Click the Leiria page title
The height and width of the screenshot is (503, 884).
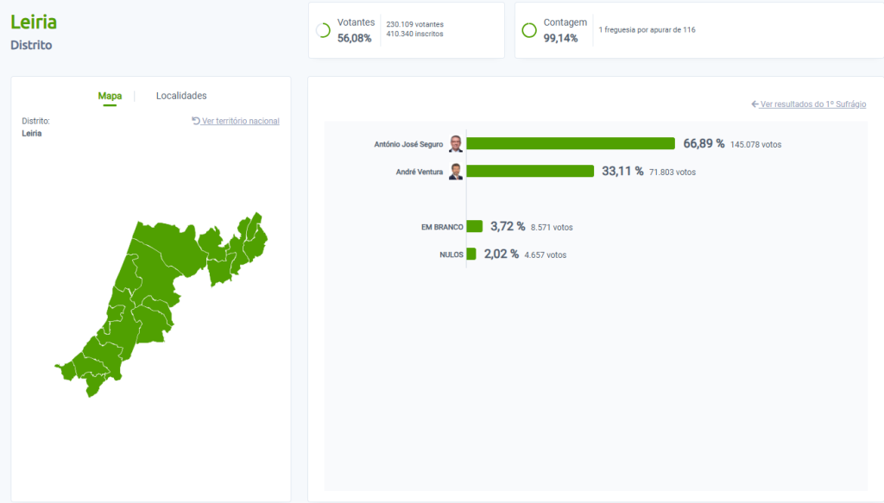click(x=34, y=22)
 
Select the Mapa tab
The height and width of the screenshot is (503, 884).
click(x=110, y=96)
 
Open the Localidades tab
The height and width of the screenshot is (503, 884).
click(x=181, y=96)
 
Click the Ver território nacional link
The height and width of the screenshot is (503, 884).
click(x=236, y=121)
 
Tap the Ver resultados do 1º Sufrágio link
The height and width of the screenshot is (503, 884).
click(x=809, y=104)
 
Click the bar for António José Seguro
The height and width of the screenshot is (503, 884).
click(x=571, y=143)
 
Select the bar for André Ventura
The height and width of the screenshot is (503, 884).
click(x=530, y=172)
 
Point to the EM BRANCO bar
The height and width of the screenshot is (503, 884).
click(x=475, y=226)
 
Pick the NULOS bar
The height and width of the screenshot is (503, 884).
click(x=471, y=254)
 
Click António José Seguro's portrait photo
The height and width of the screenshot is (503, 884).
click(x=456, y=144)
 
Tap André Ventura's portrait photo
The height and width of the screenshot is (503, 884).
click(x=456, y=172)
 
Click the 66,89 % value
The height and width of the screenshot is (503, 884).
click(x=704, y=143)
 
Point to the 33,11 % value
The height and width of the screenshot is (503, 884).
click(x=622, y=172)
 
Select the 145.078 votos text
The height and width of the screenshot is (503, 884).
click(x=755, y=144)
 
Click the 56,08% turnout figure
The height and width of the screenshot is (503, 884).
click(x=354, y=38)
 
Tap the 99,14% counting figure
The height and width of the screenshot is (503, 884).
click(x=560, y=38)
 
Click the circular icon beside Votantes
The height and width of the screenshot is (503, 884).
click(x=323, y=30)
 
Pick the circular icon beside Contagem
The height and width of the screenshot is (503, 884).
click(x=529, y=30)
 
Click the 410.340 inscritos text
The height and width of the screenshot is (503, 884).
click(x=415, y=34)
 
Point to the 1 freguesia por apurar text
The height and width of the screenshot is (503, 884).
click(x=647, y=29)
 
